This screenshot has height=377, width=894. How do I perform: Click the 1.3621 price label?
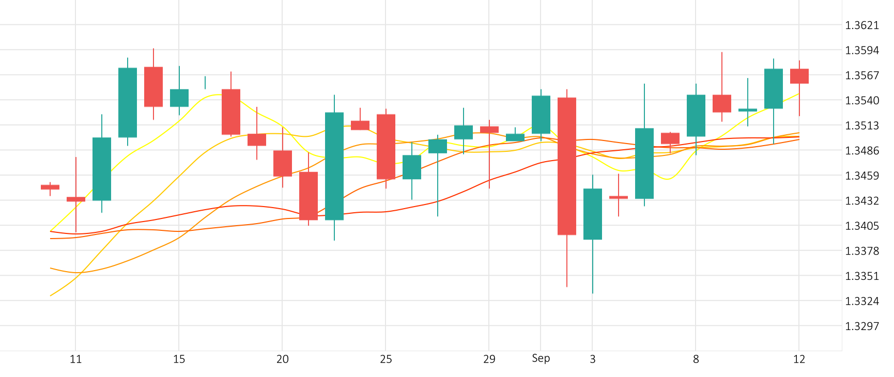[861, 25]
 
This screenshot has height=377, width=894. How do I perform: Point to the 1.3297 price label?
[861, 326]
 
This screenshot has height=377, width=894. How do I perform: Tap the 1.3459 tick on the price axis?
[861, 176]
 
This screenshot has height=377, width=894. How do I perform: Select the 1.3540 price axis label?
[861, 100]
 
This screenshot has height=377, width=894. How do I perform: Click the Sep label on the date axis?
[541, 358]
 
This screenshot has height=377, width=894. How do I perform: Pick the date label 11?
[75, 359]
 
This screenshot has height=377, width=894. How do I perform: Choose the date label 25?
[386, 359]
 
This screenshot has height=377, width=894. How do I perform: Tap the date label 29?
[489, 359]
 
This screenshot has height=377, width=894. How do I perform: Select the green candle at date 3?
[593, 214]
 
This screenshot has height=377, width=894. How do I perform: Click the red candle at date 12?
[799, 76]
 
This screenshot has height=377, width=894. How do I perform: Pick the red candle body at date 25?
[386, 147]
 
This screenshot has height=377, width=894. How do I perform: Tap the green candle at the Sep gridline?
[541, 115]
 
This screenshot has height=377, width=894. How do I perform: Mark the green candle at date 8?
[696, 116]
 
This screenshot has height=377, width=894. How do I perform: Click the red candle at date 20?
[283, 163]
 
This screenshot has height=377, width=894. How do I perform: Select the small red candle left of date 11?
[50, 187]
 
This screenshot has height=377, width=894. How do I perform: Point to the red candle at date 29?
[489, 130]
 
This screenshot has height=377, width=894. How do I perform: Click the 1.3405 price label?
[861, 226]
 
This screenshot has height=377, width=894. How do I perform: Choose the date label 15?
[179, 359]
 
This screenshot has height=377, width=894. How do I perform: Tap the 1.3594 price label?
[861, 50]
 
